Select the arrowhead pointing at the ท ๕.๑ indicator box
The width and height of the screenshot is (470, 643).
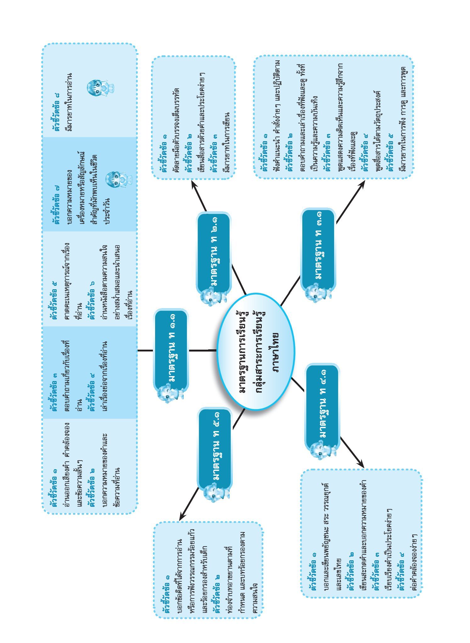tap(182, 516)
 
